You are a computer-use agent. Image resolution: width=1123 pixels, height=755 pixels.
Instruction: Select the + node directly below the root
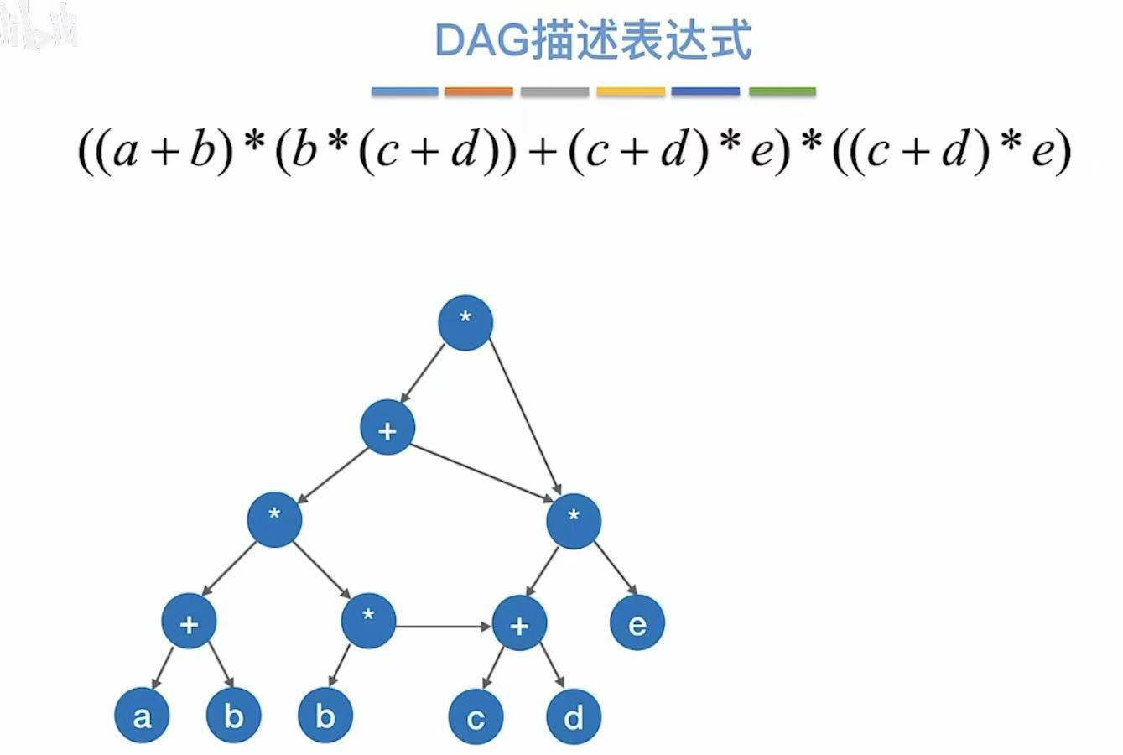(387, 430)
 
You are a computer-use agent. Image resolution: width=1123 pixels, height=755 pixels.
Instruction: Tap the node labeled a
(142, 716)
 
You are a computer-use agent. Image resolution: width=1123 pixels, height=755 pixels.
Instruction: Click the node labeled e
(637, 624)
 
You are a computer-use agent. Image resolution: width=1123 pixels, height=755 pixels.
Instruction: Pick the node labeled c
(476, 718)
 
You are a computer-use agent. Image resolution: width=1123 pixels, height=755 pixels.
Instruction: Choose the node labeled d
(574, 717)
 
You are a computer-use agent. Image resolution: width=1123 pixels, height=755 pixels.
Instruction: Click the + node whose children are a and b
(190, 622)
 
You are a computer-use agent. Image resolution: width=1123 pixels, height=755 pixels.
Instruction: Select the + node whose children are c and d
(519, 625)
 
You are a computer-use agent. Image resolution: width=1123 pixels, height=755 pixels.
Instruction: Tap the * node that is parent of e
(574, 519)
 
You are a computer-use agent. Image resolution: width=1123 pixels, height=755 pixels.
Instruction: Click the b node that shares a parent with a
(234, 716)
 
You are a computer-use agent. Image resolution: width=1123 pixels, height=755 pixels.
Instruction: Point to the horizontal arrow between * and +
(443, 626)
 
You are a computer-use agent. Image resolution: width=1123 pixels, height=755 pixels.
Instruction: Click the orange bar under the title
(478, 91)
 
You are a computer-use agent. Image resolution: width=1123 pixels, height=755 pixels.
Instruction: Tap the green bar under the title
(782, 91)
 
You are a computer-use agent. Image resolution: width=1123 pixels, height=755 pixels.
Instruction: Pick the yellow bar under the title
(631, 91)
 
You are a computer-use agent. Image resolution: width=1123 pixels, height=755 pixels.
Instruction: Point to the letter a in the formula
(126, 154)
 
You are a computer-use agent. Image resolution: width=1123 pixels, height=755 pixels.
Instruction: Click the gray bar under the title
(554, 91)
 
